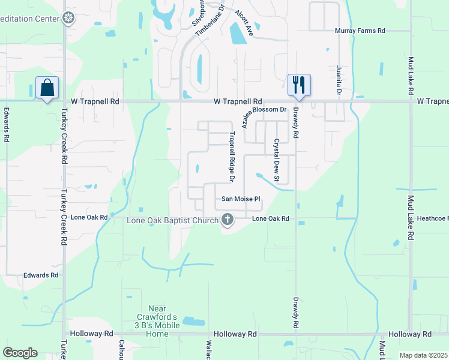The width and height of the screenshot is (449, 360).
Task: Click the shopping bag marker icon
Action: (x=47, y=88)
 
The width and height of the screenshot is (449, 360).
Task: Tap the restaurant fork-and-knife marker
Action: (x=299, y=84)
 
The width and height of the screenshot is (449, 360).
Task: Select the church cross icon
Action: (x=228, y=220)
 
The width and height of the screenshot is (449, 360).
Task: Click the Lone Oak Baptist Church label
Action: (x=173, y=220)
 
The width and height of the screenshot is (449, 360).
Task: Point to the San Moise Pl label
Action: (x=241, y=199)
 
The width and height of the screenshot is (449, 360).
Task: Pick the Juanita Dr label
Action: (x=339, y=82)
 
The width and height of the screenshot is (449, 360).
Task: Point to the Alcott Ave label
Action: (x=244, y=24)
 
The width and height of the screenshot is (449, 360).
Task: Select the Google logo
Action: (x=20, y=353)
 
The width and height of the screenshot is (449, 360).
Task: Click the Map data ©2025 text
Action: (x=423, y=355)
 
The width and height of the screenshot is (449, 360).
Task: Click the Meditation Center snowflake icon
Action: (x=70, y=18)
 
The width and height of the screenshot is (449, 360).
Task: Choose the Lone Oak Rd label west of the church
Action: (x=89, y=217)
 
